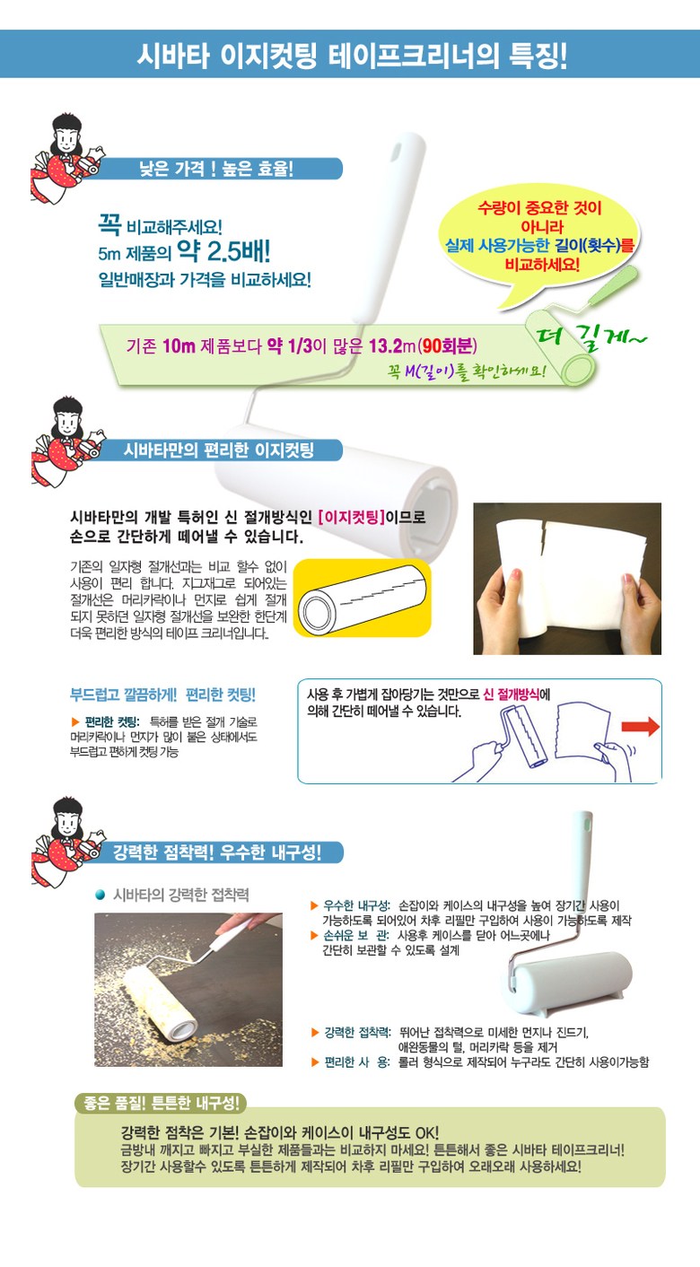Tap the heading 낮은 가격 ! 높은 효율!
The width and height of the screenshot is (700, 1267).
click(x=217, y=169)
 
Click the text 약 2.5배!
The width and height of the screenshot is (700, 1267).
click(x=224, y=250)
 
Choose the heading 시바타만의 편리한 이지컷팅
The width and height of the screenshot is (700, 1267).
click(x=218, y=450)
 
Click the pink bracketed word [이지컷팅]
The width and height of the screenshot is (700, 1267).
click(x=352, y=517)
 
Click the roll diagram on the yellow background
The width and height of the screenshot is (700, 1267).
click(x=363, y=598)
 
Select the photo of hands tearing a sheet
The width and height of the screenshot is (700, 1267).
click(x=567, y=579)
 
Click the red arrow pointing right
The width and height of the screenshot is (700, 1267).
click(x=641, y=727)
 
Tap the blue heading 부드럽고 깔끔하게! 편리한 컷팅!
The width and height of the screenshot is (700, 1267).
click(x=163, y=695)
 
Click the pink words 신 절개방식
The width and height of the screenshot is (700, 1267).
click(x=512, y=695)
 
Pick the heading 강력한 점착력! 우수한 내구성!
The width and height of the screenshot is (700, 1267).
click(x=217, y=852)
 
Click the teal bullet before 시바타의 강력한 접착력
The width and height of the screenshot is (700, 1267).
click(x=101, y=895)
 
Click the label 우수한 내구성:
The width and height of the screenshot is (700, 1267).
click(x=356, y=905)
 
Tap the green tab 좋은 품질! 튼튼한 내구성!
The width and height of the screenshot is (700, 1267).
click(x=162, y=1103)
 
